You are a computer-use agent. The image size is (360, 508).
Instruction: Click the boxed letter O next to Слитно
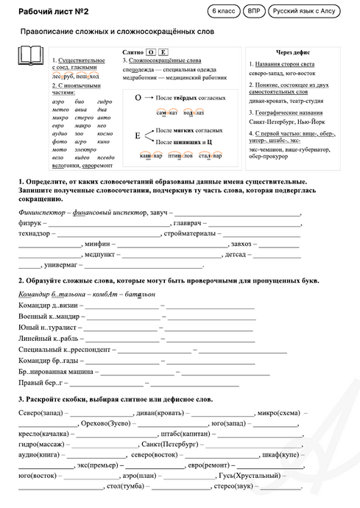(150, 53)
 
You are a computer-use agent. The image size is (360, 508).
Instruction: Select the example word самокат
(167, 113)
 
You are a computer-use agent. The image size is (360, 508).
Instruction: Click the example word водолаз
(194, 113)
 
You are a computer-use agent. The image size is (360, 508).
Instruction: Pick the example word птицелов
(180, 155)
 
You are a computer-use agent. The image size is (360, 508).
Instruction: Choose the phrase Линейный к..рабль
(48, 338)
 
